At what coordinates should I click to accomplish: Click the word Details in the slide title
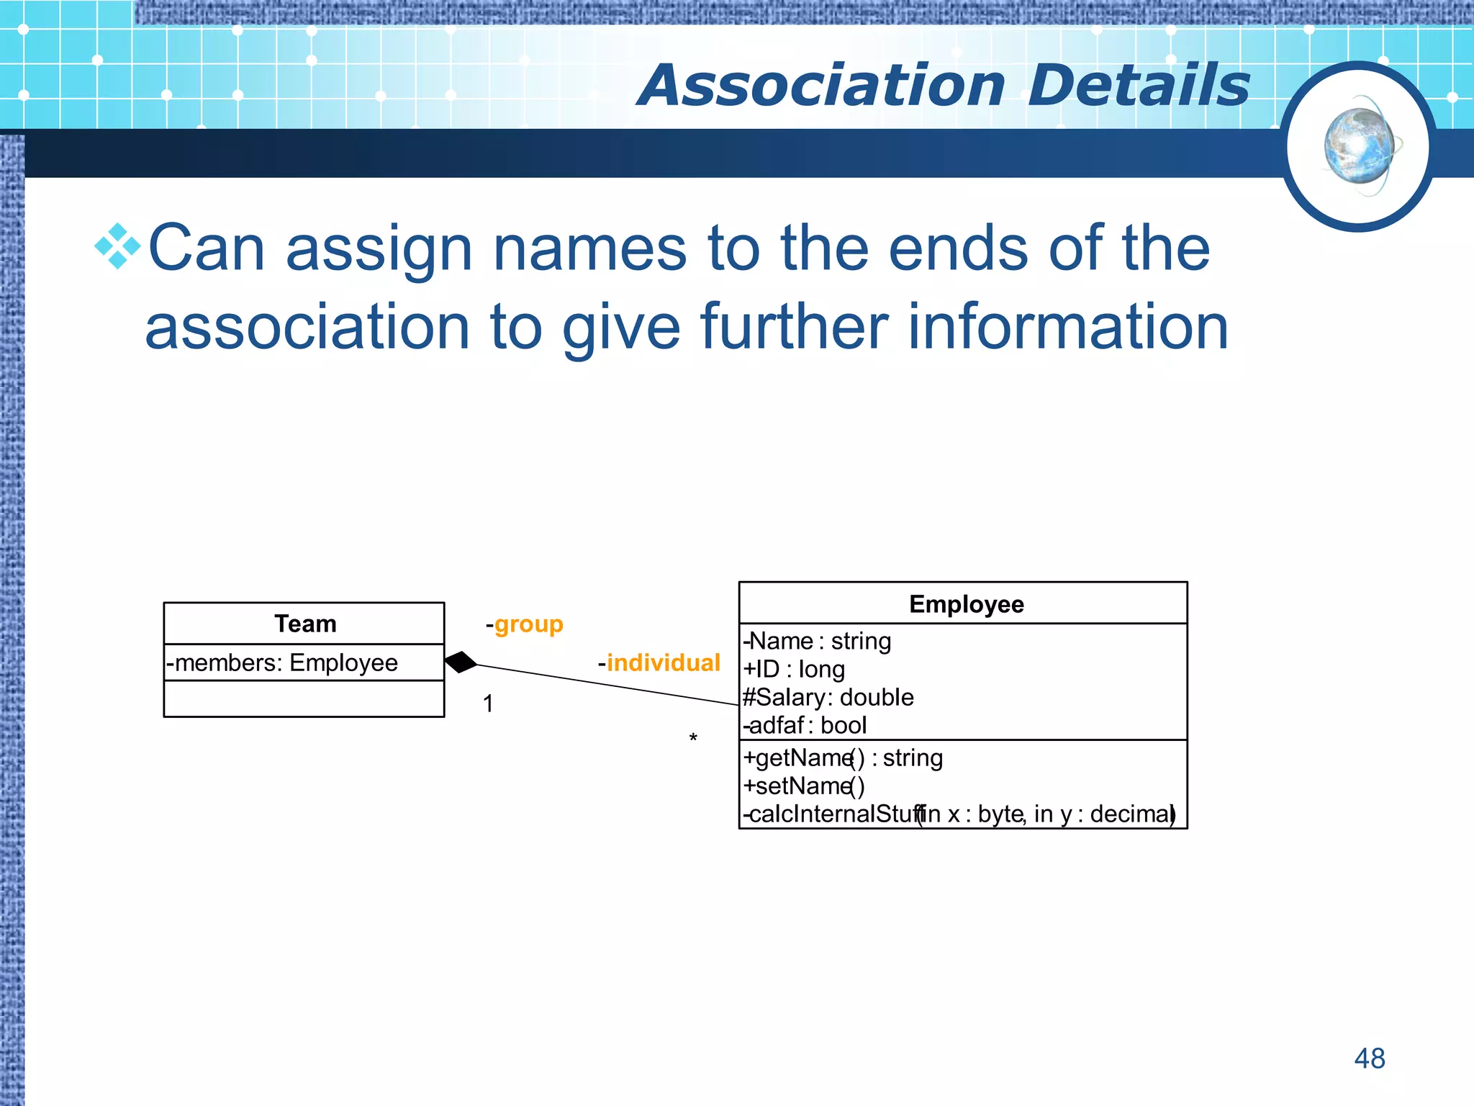[x=1139, y=86]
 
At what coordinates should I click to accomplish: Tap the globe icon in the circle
[x=1359, y=146]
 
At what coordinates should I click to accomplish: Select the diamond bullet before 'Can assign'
[x=117, y=246]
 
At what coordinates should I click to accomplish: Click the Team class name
[x=305, y=624]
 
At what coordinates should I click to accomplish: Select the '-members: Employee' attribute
[x=282, y=662]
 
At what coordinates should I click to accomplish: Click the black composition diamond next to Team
[x=461, y=662]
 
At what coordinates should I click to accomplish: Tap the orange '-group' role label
[x=525, y=624]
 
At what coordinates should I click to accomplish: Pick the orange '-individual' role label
[x=659, y=662]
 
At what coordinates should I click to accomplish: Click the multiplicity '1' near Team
[x=488, y=703]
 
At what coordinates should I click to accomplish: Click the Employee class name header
[x=966, y=604]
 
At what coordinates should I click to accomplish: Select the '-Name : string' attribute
[x=818, y=641]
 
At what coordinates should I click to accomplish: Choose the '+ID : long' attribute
[x=795, y=669]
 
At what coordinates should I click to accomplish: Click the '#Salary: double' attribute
[x=828, y=697]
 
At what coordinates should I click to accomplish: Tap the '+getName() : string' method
[x=843, y=757]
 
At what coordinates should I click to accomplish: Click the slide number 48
[x=1369, y=1058]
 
